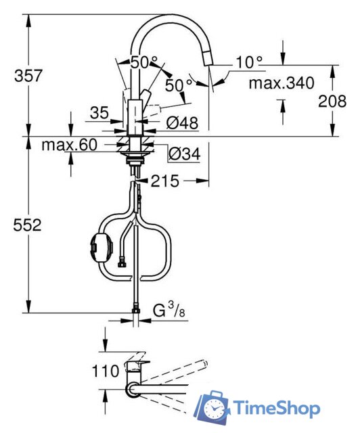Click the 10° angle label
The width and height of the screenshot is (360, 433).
click(248, 62)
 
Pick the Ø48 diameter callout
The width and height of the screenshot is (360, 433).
click(181, 123)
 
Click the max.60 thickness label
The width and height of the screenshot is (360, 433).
click(69, 145)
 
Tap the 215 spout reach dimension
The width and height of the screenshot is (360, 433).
click(166, 181)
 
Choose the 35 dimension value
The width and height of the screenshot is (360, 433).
click(99, 113)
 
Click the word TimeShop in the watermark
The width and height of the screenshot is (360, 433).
click(277, 408)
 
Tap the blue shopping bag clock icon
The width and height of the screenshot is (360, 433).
click(215, 408)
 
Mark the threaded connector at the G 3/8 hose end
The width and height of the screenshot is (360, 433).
click(136, 312)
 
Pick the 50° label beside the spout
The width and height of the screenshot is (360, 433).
click(179, 85)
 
